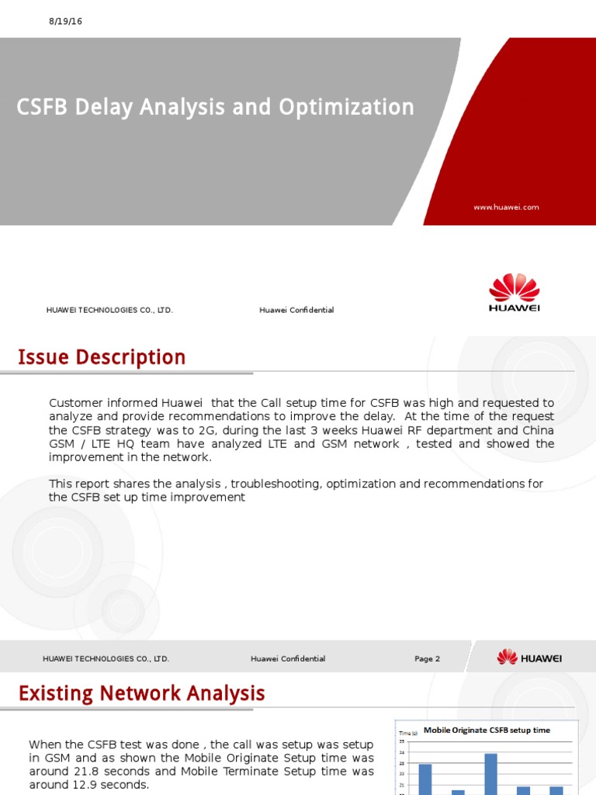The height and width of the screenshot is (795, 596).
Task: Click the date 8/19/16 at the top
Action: click(65, 22)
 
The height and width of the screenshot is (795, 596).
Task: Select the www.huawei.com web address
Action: click(506, 207)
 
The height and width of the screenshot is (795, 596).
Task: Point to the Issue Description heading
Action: click(102, 357)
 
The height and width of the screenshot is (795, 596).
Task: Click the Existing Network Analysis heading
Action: click(141, 693)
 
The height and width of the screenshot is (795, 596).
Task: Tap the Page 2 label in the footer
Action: click(427, 659)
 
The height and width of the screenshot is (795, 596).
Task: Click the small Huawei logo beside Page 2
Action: click(529, 658)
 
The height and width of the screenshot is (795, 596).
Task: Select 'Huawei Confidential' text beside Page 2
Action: click(288, 659)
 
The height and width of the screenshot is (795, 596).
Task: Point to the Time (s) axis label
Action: click(407, 732)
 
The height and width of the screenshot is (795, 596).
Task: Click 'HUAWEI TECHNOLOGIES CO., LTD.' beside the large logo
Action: click(109, 311)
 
